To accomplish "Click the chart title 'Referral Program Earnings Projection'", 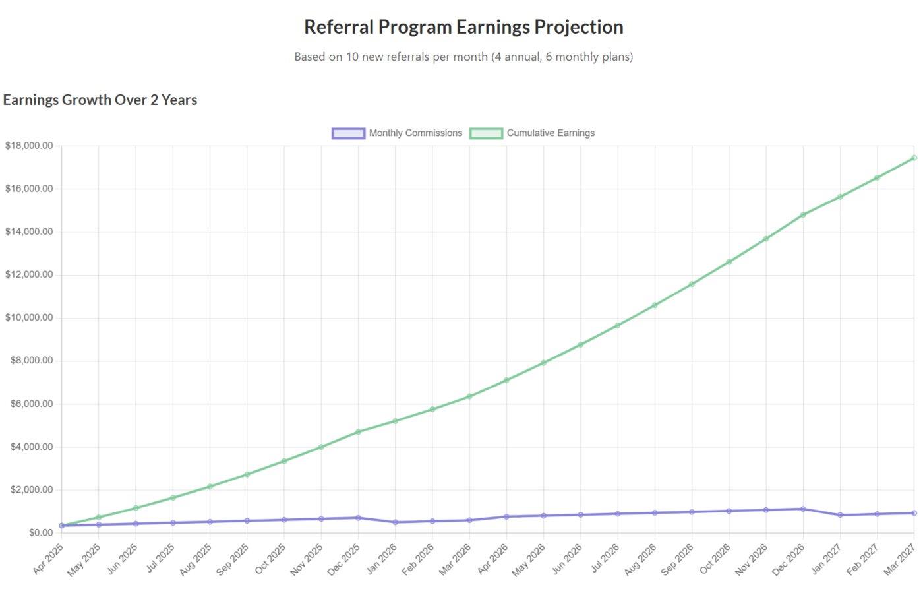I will (463, 27).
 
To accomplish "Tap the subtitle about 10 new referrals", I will (463, 57).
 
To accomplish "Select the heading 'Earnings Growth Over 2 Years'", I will (100, 100).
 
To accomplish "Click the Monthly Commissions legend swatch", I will (347, 133).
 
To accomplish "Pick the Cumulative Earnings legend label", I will (551, 133).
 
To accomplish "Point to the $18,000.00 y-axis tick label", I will (29, 146).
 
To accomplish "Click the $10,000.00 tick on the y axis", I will (29, 318).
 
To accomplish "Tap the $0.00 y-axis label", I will (40, 533).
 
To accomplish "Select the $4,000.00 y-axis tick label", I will (31, 447).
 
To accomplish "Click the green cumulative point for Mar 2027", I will (914, 158).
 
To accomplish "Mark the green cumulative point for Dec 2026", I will (803, 215).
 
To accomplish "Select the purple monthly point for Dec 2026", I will (803, 509).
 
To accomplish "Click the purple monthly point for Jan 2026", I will (396, 522).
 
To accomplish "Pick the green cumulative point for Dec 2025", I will (358, 432).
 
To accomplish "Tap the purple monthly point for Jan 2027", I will (840, 515).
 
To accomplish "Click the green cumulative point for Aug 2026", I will (655, 305).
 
